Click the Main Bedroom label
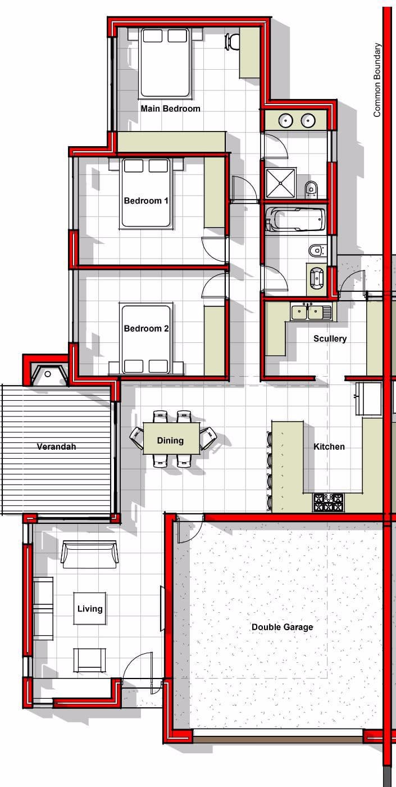(x=170, y=108)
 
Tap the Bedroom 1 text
(x=146, y=201)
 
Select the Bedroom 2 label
(x=146, y=328)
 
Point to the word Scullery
(x=330, y=338)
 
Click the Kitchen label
(x=329, y=446)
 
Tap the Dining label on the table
(x=170, y=441)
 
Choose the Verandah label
(x=56, y=446)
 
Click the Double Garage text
(x=282, y=627)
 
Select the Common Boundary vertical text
(x=377, y=80)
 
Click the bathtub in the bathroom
(x=295, y=219)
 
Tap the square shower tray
(x=280, y=183)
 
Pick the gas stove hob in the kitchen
(x=328, y=502)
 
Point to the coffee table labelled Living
(x=89, y=608)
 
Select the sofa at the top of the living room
(x=89, y=554)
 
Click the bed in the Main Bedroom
(x=165, y=63)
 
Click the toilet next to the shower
(x=311, y=188)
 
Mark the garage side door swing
(x=190, y=529)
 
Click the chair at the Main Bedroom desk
(x=232, y=42)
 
